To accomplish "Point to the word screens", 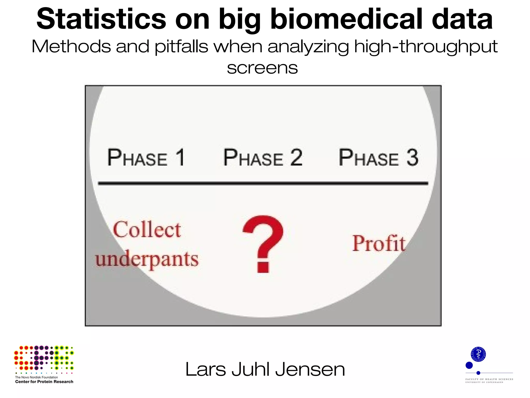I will [x=262, y=68].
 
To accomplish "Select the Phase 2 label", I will [x=263, y=158].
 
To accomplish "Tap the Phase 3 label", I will [x=378, y=158].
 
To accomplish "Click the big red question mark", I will [x=263, y=244].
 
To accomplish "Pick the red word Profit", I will [x=379, y=244].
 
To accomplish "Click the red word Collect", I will [x=147, y=230].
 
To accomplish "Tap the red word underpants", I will [x=147, y=259].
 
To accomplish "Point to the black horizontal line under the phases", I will [x=263, y=183].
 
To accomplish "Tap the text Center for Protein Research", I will [x=44, y=382].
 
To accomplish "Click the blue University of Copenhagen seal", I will [x=478, y=354].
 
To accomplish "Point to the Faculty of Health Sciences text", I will [x=489, y=379].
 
